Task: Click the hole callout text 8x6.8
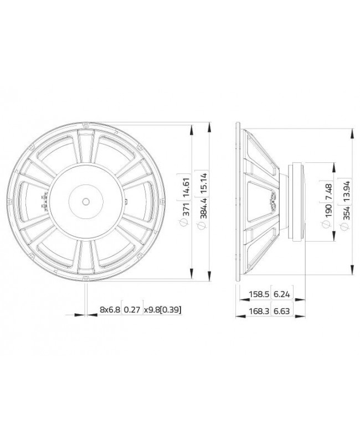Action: click(x=109, y=310)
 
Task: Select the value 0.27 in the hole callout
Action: click(x=131, y=310)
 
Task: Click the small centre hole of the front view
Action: click(x=85, y=201)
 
